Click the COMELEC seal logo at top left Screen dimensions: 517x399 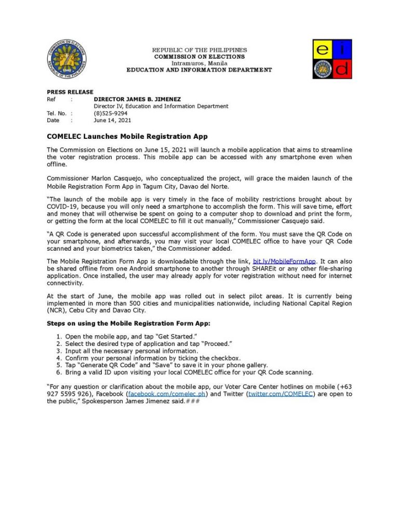click(x=65, y=58)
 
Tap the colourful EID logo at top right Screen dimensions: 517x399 click(x=332, y=59)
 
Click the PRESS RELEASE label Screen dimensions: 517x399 click(x=66, y=92)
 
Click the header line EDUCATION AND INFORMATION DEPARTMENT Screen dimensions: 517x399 click(x=199, y=70)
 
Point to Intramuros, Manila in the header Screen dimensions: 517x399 click(x=199, y=63)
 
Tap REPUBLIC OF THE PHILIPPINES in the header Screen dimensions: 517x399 click(x=199, y=50)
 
